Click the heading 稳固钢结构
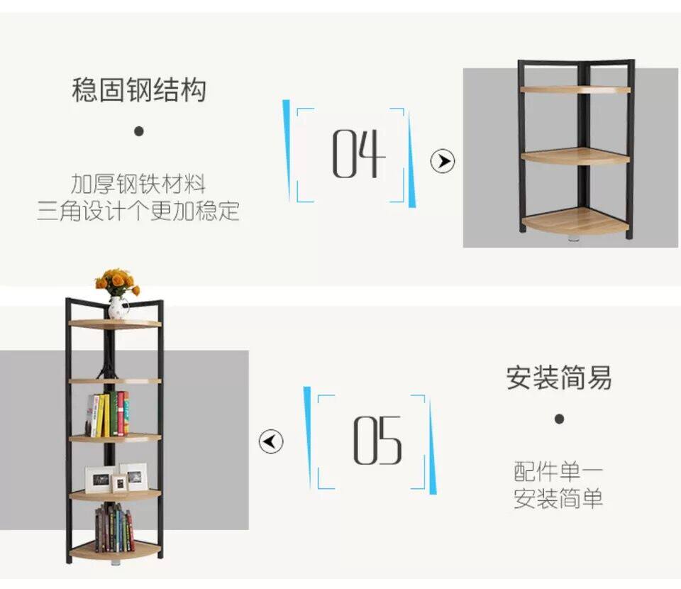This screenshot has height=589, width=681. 139,91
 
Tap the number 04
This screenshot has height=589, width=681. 359,154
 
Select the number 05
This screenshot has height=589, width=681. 377,441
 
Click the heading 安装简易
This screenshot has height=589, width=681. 559,378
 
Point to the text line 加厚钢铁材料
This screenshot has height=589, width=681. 138,185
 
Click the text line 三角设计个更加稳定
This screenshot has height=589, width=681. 138,211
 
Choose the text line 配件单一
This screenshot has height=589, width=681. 559,471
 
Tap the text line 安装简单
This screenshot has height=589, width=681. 559,498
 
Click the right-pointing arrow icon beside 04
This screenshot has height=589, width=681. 443,161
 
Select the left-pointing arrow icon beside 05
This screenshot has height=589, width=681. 271,441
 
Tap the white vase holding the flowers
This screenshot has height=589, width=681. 118,308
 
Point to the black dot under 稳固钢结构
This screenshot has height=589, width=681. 139,131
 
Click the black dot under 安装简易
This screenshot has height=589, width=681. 559,419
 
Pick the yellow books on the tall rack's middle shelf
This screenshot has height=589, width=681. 104,414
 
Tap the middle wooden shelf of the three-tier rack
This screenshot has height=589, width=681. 575,156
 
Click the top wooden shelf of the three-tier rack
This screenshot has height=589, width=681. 575,89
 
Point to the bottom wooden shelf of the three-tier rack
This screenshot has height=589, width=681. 575,222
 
